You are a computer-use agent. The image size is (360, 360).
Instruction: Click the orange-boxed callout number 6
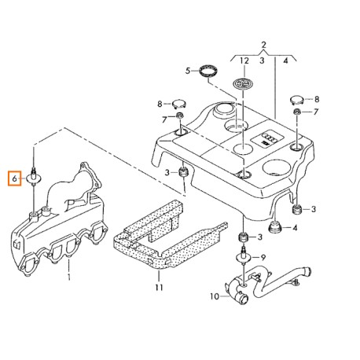coord(14,178)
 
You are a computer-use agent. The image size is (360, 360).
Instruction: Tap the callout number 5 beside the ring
coord(188,71)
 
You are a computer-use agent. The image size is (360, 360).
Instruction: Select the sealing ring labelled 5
coord(208,71)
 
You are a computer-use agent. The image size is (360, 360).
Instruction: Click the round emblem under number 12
coord(241,83)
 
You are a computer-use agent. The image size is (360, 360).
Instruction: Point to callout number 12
coord(244,61)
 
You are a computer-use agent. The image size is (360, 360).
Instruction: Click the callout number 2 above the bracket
coord(263,45)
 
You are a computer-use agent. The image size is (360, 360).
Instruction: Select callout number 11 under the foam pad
coord(159,288)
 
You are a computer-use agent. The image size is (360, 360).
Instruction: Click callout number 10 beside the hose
coord(215,296)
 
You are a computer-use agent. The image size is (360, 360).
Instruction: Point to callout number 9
coord(263,258)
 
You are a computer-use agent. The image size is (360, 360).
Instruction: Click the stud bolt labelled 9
coord(244,256)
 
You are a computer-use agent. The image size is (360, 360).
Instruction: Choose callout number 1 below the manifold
coord(69,277)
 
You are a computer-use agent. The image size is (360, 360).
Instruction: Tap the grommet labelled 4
coord(275,226)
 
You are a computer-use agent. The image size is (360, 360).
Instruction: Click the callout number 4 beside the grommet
coord(295,228)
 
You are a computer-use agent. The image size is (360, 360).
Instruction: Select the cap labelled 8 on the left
coord(179,104)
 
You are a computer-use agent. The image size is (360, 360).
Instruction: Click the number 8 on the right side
coord(317,99)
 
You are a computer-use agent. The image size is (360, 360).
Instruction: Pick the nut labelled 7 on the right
coord(297,112)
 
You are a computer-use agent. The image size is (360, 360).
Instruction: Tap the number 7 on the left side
coord(164,119)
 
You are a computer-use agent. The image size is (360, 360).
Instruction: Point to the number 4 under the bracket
coord(285,61)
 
